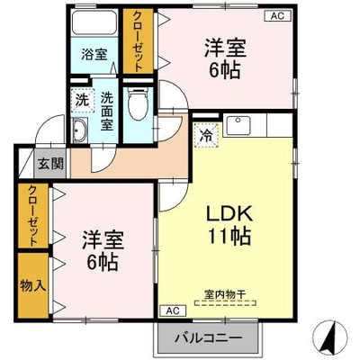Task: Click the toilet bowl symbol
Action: point(138,103)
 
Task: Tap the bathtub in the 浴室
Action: point(94,22)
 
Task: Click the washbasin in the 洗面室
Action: point(80,130)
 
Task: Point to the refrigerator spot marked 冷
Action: point(207,135)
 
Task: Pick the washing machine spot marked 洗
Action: point(82,100)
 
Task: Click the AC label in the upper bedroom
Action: point(277,16)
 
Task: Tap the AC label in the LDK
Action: point(173,310)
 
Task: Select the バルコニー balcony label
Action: point(209,339)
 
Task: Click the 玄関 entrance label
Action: point(50,164)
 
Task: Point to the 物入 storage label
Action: point(33,285)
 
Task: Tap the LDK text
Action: point(229,213)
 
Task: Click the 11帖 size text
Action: point(229,236)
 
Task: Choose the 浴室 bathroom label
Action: point(94,55)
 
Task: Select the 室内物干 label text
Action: point(225,294)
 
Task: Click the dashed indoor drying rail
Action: point(225,303)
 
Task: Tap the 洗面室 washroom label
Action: point(107,112)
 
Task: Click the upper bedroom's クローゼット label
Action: point(138,41)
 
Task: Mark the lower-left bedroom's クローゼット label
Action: point(33,215)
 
